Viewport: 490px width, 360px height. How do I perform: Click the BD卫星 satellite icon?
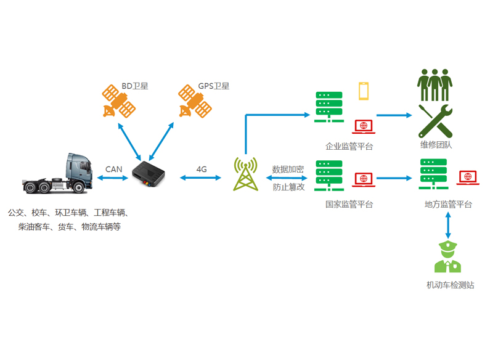pyautogui.click(x=118, y=102)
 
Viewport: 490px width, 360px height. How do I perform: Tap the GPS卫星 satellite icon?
pyautogui.click(x=195, y=102)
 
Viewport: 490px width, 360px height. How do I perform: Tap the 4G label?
pyautogui.click(x=202, y=169)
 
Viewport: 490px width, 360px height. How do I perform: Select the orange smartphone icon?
pyautogui.click(x=364, y=91)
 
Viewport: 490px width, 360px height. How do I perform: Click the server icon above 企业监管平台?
pyautogui.click(x=329, y=107)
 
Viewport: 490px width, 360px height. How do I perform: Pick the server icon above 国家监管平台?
pyautogui.click(x=329, y=175)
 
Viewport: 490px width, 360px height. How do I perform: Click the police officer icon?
pyautogui.click(x=447, y=258)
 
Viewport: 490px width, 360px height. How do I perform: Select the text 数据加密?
pyautogui.click(x=288, y=170)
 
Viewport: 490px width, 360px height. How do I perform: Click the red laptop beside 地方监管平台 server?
pyautogui.click(x=469, y=178)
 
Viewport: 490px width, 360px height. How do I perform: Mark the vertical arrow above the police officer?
pyautogui.click(x=448, y=226)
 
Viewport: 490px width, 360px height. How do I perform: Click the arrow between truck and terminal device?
pyautogui.click(x=112, y=178)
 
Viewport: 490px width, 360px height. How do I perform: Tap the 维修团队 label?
pyautogui.click(x=436, y=145)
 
